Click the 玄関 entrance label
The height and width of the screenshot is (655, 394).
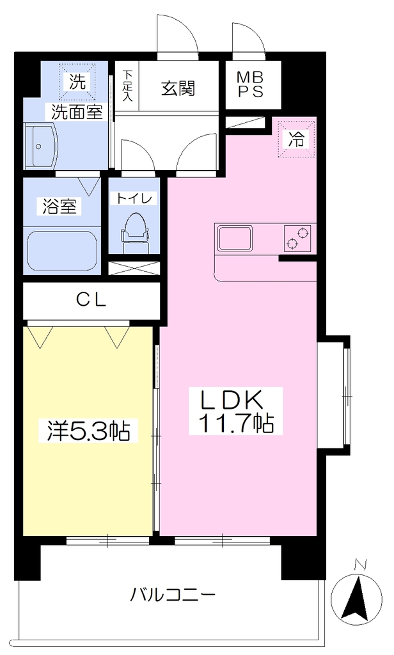pos(178,88)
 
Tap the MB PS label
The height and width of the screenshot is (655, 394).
pos(251,84)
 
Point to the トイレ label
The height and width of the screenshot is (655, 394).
pos(134,198)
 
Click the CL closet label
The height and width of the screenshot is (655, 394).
pos(91,299)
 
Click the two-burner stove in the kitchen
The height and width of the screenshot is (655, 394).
pos(297,238)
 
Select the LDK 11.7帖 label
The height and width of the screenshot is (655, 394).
pos(235,411)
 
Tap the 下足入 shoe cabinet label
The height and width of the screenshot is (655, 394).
pos(127,86)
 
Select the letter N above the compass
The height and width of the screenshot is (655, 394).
pos(359,565)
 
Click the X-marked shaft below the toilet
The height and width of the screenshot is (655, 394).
pos(134,268)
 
